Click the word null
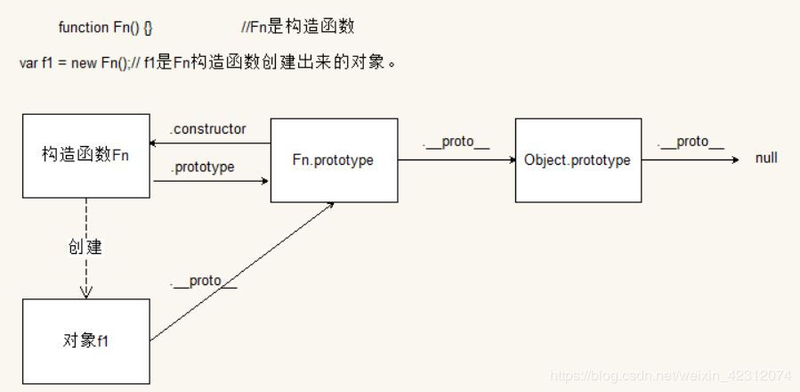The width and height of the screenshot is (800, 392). [x=766, y=158]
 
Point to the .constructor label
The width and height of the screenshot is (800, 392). [x=207, y=129]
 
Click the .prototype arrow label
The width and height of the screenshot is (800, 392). [x=202, y=167]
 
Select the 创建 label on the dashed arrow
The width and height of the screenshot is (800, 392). [x=85, y=247]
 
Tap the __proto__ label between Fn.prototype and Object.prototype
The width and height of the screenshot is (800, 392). [x=457, y=143]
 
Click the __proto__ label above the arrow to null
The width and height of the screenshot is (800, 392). [x=691, y=143]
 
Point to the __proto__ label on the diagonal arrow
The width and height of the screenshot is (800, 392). [x=204, y=282]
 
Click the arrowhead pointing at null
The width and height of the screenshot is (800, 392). [x=735, y=160]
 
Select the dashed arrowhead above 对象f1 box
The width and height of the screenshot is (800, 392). [x=86, y=292]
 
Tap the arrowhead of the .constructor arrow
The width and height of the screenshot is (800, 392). [x=152, y=143]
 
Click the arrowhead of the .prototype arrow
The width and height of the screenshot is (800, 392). [x=265, y=181]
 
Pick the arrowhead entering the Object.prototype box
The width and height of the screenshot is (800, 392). [x=513, y=160]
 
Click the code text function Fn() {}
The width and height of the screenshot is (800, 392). [x=105, y=28]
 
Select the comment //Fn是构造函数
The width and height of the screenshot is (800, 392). [x=297, y=27]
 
